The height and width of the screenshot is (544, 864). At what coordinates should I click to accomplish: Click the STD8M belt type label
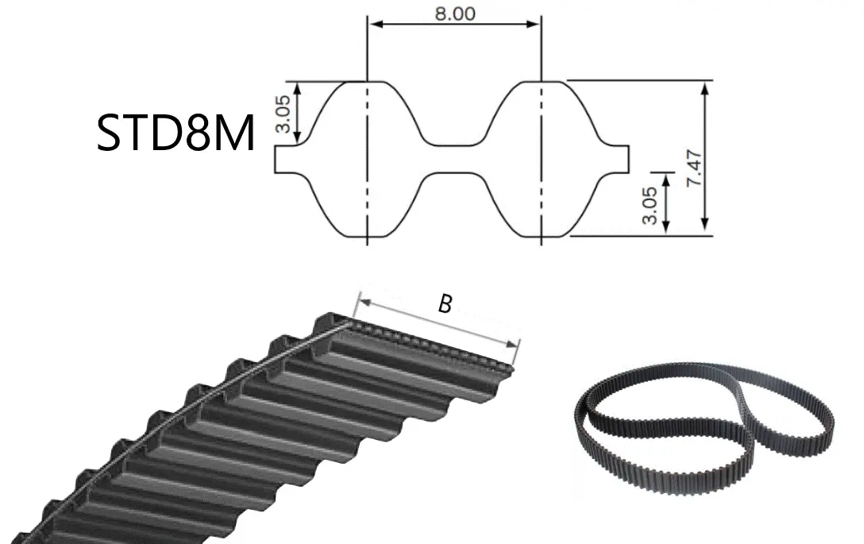(x=175, y=133)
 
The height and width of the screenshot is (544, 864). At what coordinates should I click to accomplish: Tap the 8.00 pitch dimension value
(x=455, y=14)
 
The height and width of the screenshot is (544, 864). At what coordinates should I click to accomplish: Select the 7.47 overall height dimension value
(x=695, y=168)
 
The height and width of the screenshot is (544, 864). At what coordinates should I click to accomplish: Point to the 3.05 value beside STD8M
(x=282, y=114)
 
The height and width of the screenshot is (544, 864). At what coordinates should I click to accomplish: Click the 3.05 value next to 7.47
(x=650, y=206)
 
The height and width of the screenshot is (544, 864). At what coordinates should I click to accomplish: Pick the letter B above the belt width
(x=445, y=303)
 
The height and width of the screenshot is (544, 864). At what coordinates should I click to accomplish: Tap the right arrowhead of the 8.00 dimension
(x=534, y=24)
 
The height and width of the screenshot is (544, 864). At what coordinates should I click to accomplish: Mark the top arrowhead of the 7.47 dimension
(x=704, y=89)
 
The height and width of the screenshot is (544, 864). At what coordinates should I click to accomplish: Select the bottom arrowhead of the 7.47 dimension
(x=704, y=222)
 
